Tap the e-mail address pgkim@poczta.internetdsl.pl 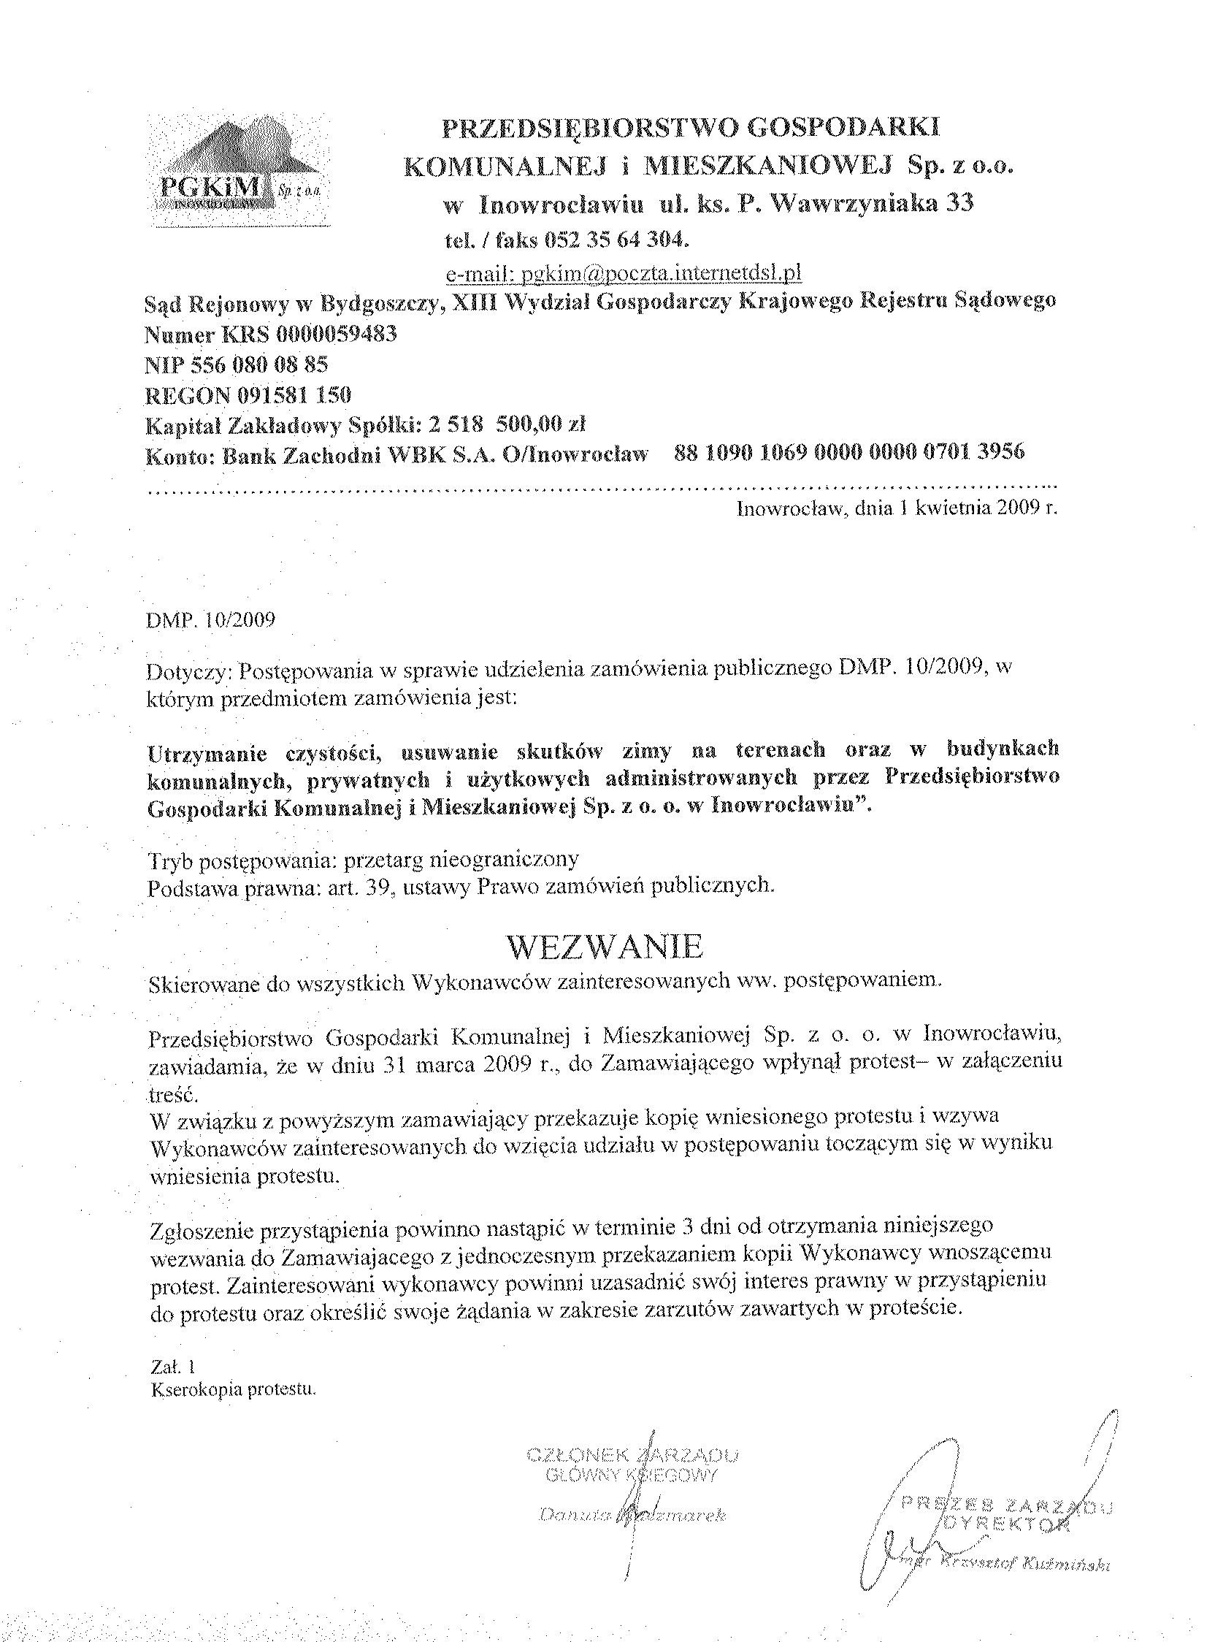pyautogui.click(x=660, y=274)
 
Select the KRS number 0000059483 pyautogui.click(x=336, y=335)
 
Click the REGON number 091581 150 pyautogui.click(x=294, y=395)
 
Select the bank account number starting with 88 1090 pyautogui.click(x=848, y=452)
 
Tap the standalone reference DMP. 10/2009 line pyautogui.click(x=211, y=619)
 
